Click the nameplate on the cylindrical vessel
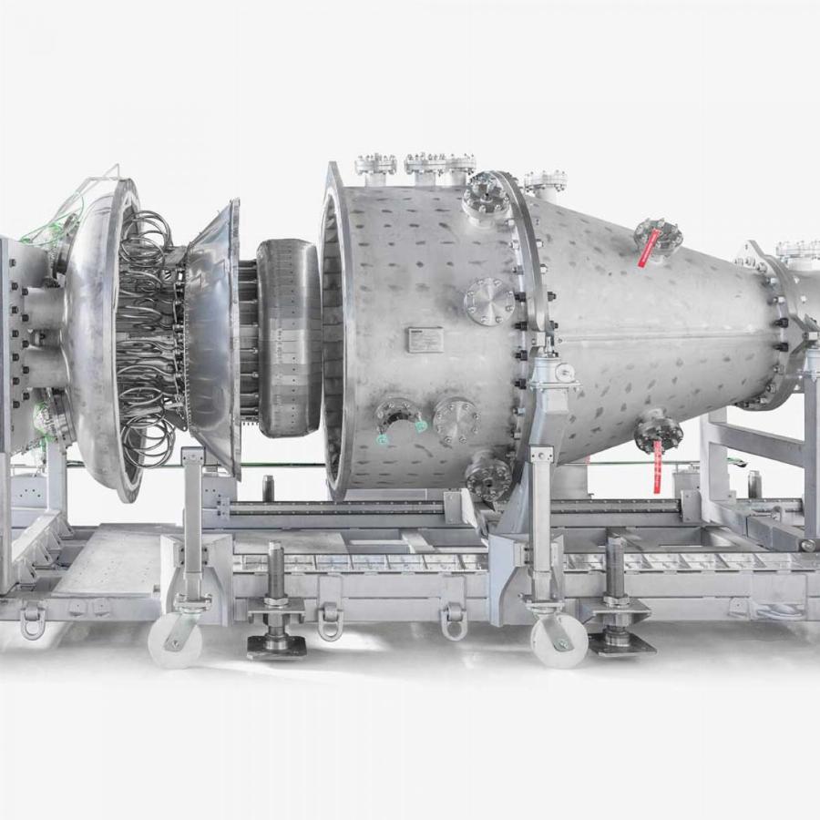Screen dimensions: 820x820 coord(424,338)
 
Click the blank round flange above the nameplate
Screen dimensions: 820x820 coord(489,300)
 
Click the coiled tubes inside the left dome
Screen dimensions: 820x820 coord(146,337)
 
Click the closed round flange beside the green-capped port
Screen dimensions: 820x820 coord(456,419)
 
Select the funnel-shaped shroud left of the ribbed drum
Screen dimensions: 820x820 coord(211,337)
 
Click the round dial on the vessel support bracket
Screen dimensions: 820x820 coord(565,373)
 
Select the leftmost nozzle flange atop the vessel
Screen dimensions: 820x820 coord(375,165)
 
